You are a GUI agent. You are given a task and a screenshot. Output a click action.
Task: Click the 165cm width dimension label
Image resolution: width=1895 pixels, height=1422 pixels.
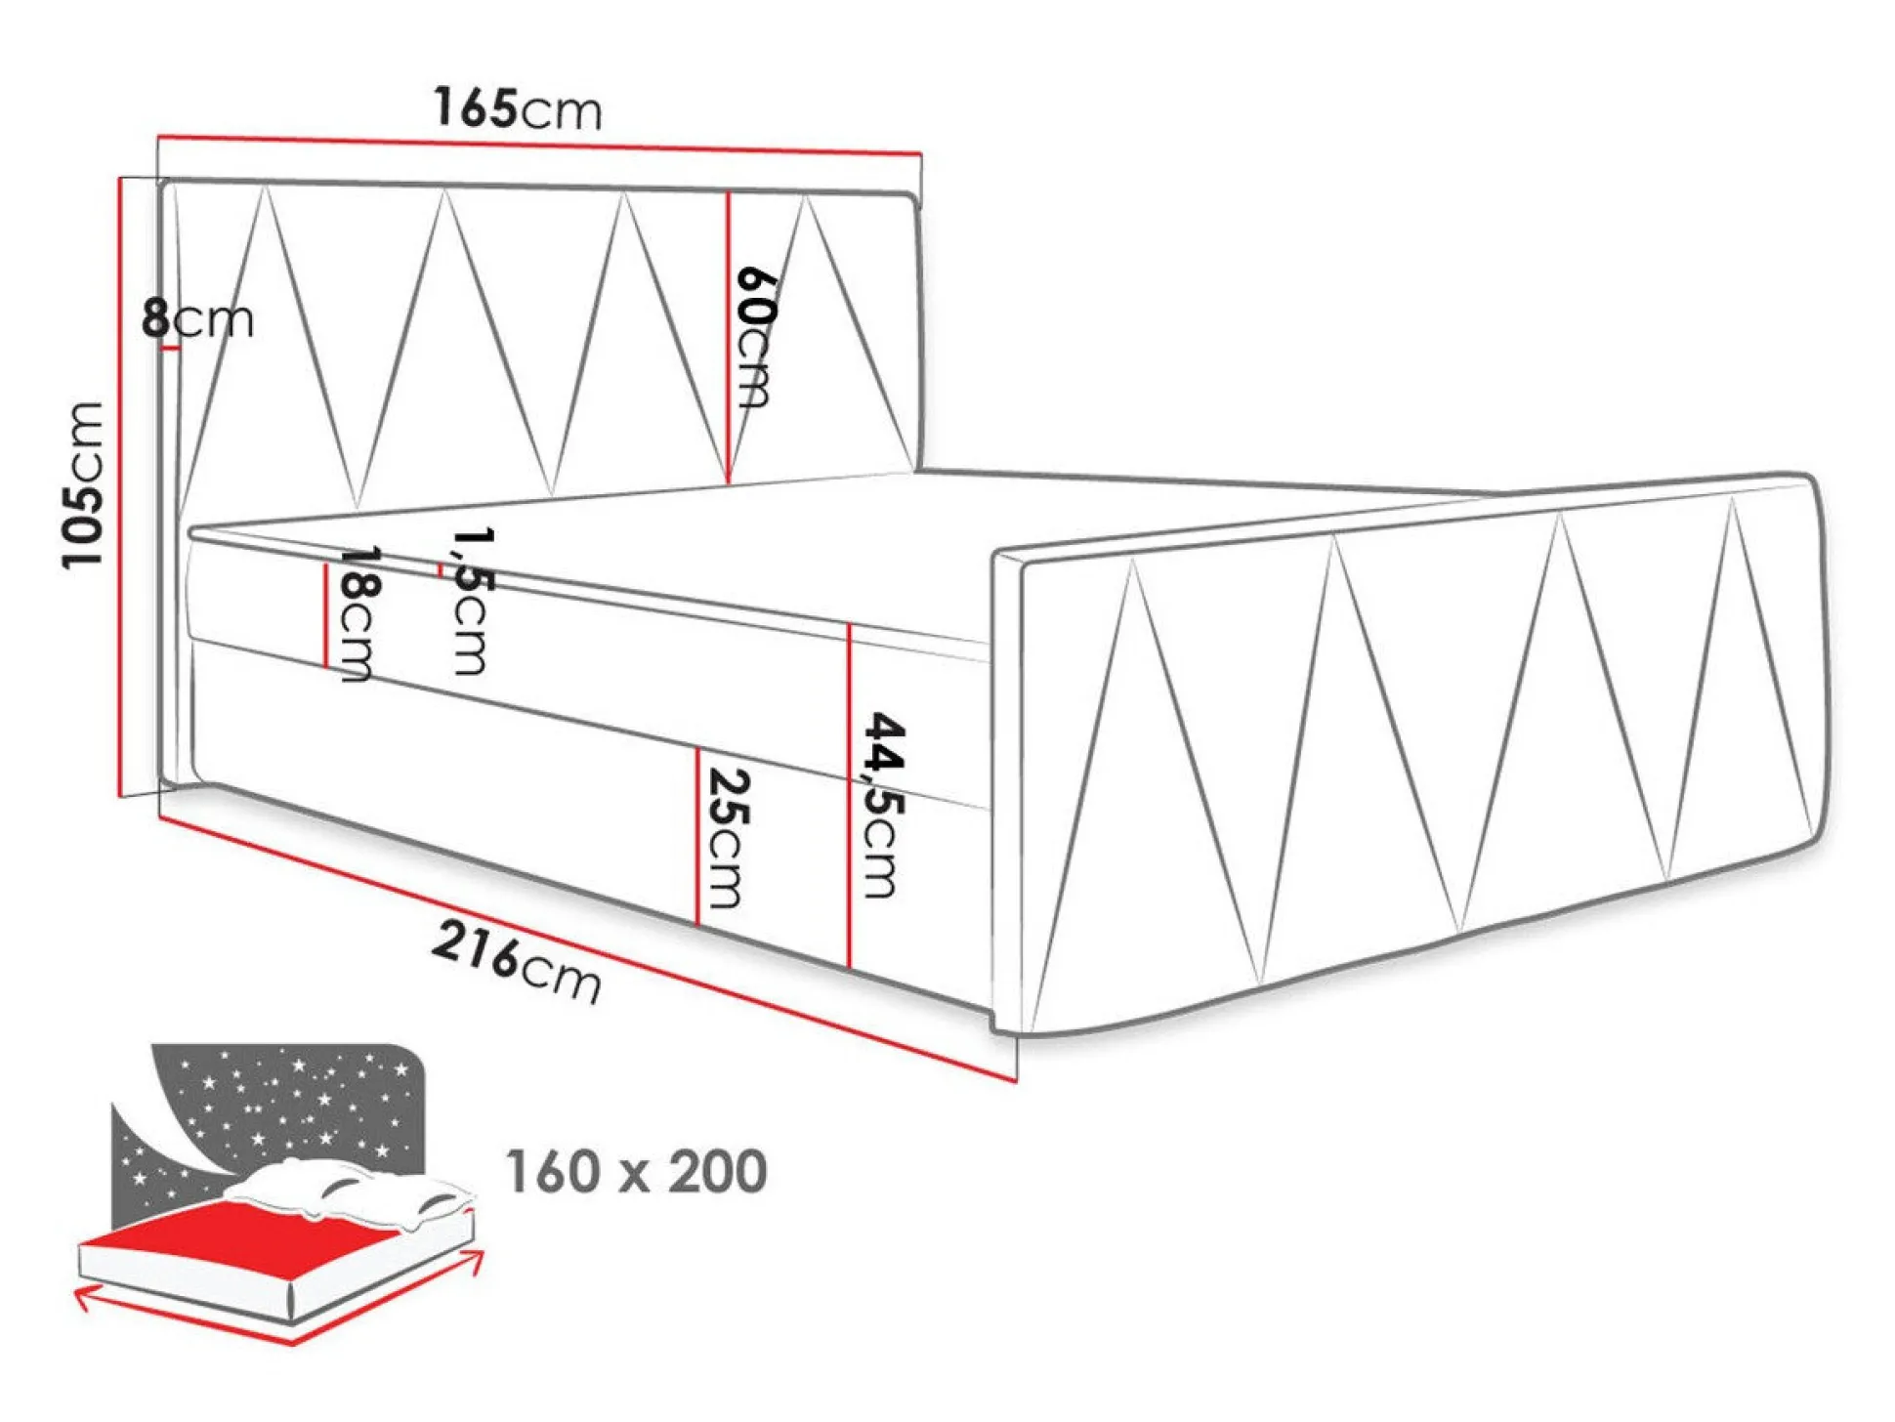tap(518, 107)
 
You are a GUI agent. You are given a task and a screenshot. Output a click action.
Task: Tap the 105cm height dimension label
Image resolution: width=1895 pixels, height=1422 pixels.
tap(82, 484)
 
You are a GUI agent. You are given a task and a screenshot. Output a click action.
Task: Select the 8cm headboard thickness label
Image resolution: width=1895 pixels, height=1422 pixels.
tap(197, 318)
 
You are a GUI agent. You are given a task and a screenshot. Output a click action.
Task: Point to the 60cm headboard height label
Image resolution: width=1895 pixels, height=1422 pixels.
tap(756, 336)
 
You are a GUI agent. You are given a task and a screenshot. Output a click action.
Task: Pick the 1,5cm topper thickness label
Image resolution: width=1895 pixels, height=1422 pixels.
tap(472, 600)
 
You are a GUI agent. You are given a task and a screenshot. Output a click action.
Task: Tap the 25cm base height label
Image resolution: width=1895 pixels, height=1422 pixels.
tap(727, 838)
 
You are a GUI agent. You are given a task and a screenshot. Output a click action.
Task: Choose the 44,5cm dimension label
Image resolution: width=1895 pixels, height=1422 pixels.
tap(883, 805)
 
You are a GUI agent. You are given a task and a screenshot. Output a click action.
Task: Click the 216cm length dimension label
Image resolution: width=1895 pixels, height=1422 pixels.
tap(516, 962)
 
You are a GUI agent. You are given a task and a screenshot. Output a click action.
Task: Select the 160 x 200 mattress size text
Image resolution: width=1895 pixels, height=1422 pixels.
tap(636, 1171)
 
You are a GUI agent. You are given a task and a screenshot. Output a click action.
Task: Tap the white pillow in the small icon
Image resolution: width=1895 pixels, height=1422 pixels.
tap(347, 1196)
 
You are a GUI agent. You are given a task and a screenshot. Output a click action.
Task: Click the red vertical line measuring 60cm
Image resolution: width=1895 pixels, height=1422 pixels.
tap(729, 337)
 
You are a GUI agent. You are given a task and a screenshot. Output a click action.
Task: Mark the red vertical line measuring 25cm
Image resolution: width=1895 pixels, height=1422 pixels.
tap(697, 835)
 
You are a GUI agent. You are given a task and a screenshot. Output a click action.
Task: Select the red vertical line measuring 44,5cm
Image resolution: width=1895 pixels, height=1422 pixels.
tap(850, 796)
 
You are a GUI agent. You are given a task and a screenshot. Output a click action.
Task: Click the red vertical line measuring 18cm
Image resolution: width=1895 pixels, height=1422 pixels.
tap(325, 615)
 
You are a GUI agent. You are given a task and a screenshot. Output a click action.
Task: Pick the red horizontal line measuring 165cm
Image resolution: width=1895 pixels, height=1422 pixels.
tap(540, 144)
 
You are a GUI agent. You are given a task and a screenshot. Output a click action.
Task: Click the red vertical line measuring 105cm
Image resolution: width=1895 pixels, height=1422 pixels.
tap(120, 486)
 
